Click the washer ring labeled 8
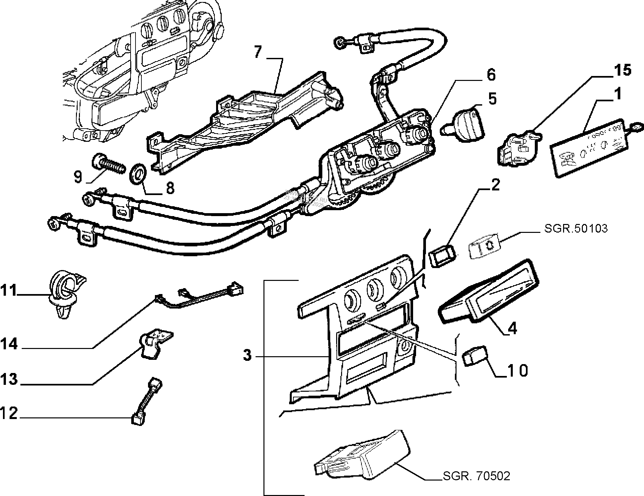point(138,173)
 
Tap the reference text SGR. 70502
point(476,476)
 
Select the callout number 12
point(9,413)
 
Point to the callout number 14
point(9,344)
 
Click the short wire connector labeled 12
point(145,401)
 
